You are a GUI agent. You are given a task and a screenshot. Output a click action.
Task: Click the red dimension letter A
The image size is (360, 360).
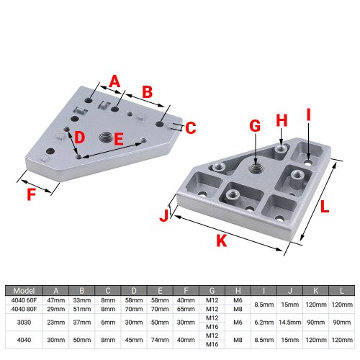114,81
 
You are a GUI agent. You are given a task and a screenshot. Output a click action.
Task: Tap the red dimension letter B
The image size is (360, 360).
148,92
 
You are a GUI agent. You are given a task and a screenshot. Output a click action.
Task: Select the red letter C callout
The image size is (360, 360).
191,127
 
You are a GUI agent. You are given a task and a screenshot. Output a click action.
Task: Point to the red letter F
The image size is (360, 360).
32,194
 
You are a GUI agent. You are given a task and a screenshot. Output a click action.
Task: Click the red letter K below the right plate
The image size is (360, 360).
221,240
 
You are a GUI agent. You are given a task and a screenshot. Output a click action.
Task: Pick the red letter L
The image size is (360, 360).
324,207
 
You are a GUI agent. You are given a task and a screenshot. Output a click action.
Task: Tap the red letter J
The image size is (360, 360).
164,215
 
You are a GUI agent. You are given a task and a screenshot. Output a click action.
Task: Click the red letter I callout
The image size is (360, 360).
309,114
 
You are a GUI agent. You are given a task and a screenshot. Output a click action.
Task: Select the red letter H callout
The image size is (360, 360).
282,120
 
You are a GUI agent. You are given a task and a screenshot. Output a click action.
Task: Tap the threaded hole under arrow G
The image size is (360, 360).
256,168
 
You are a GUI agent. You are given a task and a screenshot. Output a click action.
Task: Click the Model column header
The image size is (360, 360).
24,291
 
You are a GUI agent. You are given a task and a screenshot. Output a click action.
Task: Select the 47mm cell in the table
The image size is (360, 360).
56,300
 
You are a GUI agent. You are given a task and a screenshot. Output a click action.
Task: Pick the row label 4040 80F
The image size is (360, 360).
24,309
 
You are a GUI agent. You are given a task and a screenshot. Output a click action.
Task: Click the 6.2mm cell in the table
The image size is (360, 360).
264,323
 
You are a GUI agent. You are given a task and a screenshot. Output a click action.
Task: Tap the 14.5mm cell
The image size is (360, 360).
290,323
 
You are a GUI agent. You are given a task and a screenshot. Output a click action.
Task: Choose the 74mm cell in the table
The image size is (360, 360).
160,340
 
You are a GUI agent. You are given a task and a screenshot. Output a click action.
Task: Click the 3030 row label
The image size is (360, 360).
24,323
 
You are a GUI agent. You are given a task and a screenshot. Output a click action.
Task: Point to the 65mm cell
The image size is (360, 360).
186,309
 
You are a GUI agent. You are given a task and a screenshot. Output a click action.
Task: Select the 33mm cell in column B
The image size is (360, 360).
82,300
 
